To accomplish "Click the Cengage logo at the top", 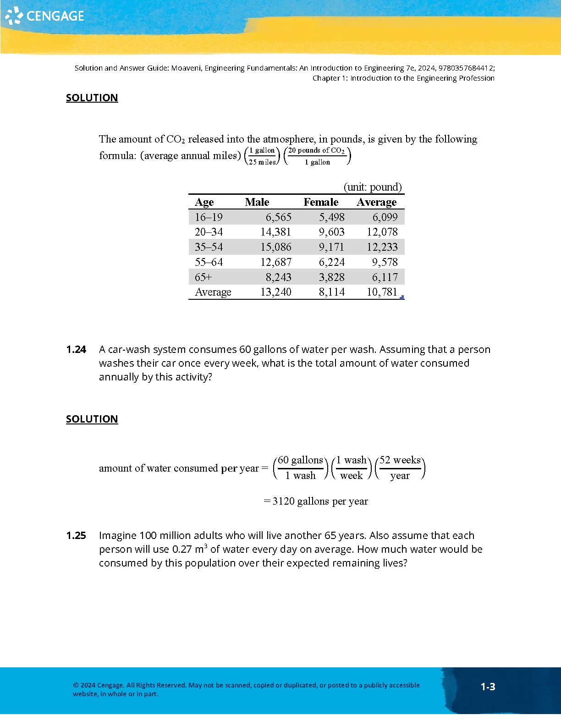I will tap(45, 16).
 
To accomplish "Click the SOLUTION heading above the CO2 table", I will tap(92, 98).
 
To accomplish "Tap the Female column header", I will tap(321, 202).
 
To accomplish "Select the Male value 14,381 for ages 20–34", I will tap(275, 232).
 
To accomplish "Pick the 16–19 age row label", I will tap(209, 217).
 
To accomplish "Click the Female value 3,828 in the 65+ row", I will tap(331, 277).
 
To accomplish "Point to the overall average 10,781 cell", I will tap(382, 292).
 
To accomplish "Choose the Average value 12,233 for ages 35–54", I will tap(382, 247).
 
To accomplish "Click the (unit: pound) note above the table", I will tap(373, 187).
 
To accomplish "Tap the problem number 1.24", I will tap(76, 350).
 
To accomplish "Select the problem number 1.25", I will tap(76, 536).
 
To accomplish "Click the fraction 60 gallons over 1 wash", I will tap(301, 468).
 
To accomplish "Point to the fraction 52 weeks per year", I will tap(400, 468).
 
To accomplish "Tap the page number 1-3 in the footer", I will tap(488, 687).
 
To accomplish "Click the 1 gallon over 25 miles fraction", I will tap(262, 156).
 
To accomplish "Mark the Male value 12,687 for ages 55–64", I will tap(275, 262).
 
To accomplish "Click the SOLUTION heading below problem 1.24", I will tap(92, 419).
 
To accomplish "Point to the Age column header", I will tap(204, 202).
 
